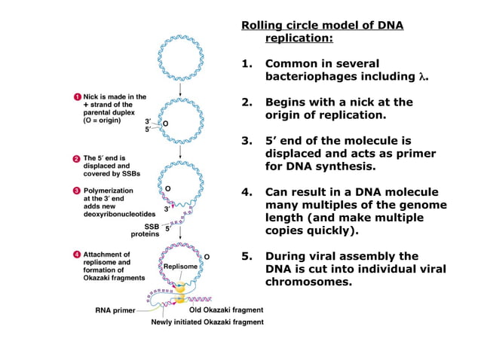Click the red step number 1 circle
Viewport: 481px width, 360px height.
click(x=78, y=97)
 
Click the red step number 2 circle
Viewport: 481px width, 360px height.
click(x=78, y=158)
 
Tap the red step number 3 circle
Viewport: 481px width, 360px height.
click(x=78, y=190)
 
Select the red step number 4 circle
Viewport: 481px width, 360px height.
click(x=78, y=255)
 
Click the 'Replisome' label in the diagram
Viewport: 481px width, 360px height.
click(x=180, y=267)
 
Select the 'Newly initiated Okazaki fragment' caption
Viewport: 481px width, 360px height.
click(x=207, y=322)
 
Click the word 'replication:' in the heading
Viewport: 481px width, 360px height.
click(x=299, y=38)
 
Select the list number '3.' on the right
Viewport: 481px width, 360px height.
click(x=247, y=140)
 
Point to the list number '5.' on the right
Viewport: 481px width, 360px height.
click(x=247, y=256)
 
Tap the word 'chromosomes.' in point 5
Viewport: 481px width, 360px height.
click(x=308, y=282)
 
